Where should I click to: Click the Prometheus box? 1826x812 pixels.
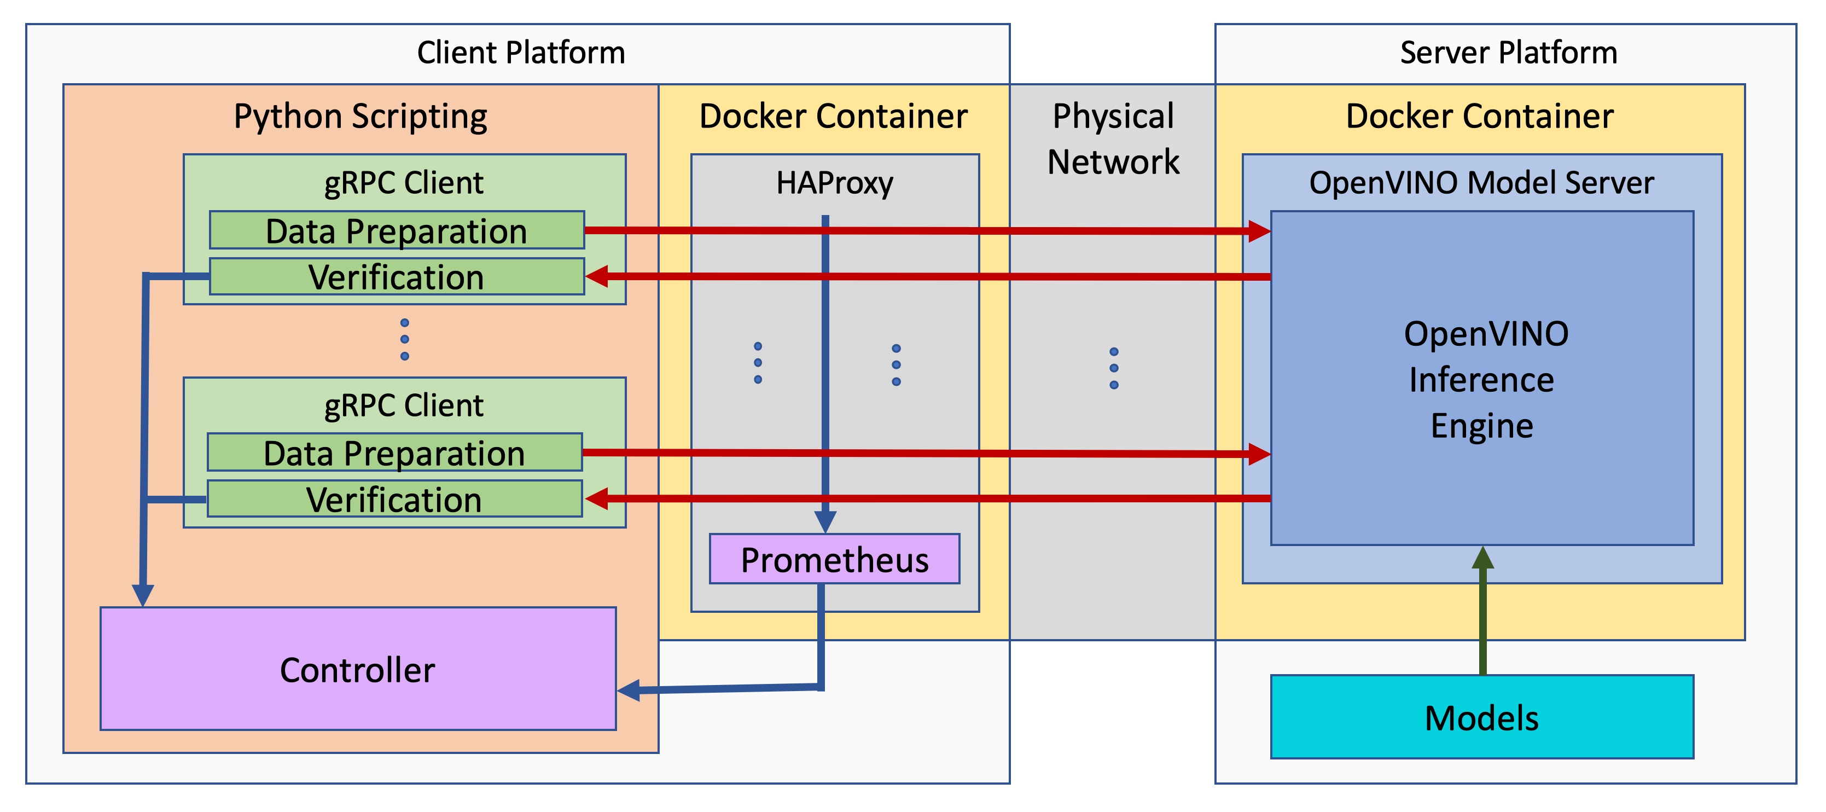click(834, 560)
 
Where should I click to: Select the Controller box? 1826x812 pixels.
click(357, 669)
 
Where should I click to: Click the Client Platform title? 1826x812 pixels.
click(520, 53)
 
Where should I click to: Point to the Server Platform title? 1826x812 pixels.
click(1508, 53)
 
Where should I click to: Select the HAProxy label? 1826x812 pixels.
click(834, 183)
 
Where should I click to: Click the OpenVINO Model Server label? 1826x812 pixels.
click(1481, 183)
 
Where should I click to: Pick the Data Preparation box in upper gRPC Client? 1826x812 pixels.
click(396, 230)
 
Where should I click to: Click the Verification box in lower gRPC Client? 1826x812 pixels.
click(394, 499)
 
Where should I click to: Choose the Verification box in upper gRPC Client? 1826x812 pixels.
click(396, 276)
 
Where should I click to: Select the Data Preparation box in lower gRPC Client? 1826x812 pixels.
click(394, 453)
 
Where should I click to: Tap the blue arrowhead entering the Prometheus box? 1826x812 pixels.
click(825, 522)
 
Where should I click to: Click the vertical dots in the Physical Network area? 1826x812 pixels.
click(1114, 368)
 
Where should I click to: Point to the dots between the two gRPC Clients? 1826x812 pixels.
click(404, 339)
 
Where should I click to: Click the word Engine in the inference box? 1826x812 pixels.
click(1481, 426)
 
